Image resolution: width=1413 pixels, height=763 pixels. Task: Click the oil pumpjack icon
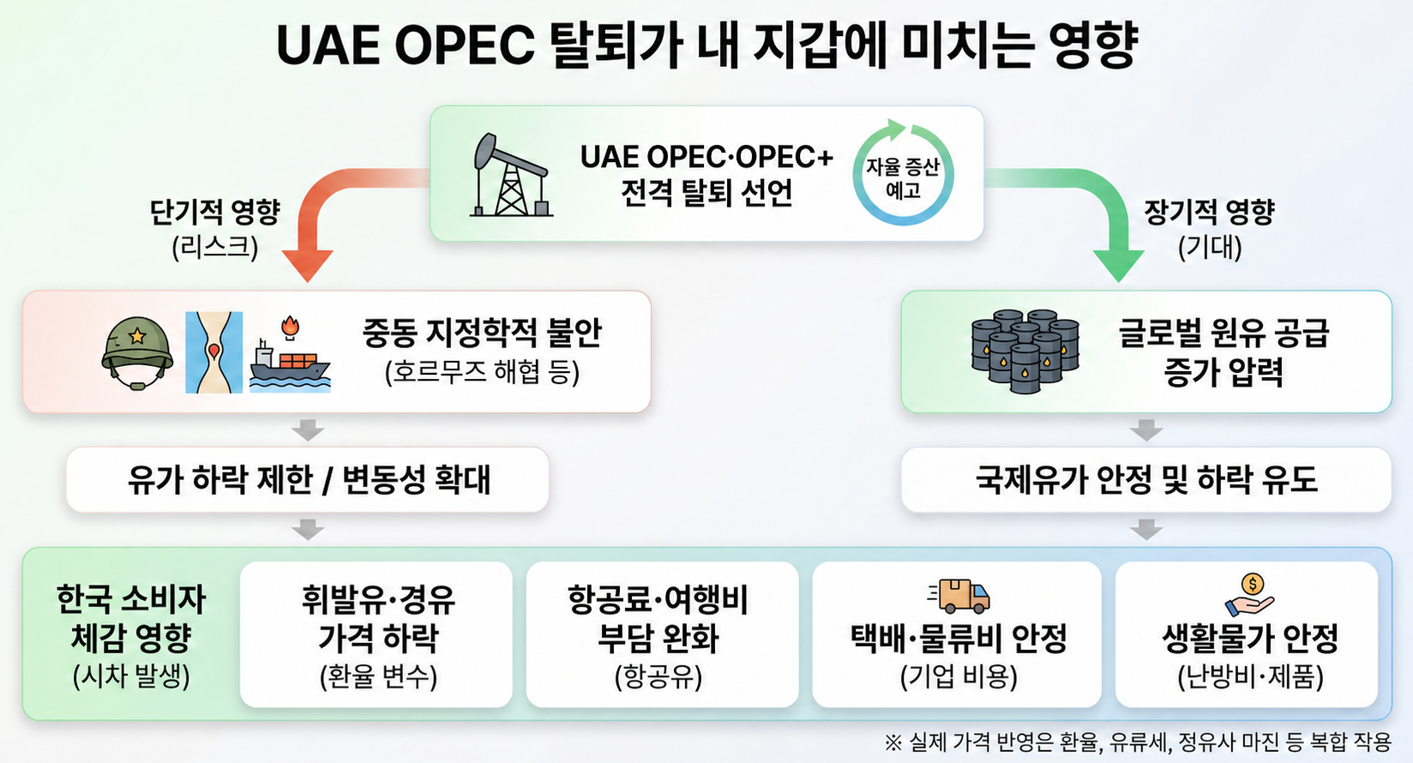(511, 176)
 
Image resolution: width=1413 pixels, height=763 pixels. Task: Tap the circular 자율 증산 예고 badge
(903, 174)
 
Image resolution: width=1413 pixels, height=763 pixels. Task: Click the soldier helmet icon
(137, 352)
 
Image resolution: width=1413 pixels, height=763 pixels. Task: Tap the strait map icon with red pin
(213, 352)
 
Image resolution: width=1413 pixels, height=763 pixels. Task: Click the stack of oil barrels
(1025, 351)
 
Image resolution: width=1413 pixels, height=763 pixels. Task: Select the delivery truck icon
(959, 595)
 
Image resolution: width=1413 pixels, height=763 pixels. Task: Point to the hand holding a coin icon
(1249, 594)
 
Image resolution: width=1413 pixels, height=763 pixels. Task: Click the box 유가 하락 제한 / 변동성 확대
(308, 480)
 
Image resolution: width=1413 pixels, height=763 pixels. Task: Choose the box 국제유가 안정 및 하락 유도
(1145, 480)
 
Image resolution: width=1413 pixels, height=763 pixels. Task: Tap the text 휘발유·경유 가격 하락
(378, 618)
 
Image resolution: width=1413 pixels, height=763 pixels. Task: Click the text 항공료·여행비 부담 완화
(658, 618)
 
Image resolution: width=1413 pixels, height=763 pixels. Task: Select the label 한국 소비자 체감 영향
(131, 618)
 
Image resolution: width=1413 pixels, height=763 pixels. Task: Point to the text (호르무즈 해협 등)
(482, 372)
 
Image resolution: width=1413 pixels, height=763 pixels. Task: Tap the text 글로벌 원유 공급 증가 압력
(1224, 352)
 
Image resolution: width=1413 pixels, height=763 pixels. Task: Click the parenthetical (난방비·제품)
(1250, 677)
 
